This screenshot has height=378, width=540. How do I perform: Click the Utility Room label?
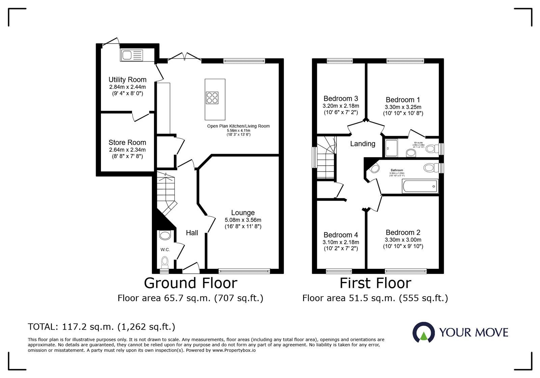127,80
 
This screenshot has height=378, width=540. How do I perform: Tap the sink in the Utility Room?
131,55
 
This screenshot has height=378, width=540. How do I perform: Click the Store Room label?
127,143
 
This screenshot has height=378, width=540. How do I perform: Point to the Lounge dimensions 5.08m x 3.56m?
243,220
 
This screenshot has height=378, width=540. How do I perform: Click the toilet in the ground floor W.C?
165,261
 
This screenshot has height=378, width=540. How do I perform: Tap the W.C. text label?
165,250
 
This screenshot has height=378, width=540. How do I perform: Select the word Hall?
192,233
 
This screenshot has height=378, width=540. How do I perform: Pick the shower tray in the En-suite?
391,148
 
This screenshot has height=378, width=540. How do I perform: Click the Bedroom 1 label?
403,100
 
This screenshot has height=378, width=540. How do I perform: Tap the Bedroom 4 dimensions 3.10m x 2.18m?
341,242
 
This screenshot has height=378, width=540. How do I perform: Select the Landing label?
362,144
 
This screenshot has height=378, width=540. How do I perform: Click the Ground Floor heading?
191,283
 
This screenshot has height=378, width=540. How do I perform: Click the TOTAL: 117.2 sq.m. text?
101,327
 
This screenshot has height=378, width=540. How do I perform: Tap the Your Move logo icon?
423,332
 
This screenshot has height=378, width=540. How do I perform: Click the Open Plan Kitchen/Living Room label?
238,126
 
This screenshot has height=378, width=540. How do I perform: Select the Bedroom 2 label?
403,233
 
